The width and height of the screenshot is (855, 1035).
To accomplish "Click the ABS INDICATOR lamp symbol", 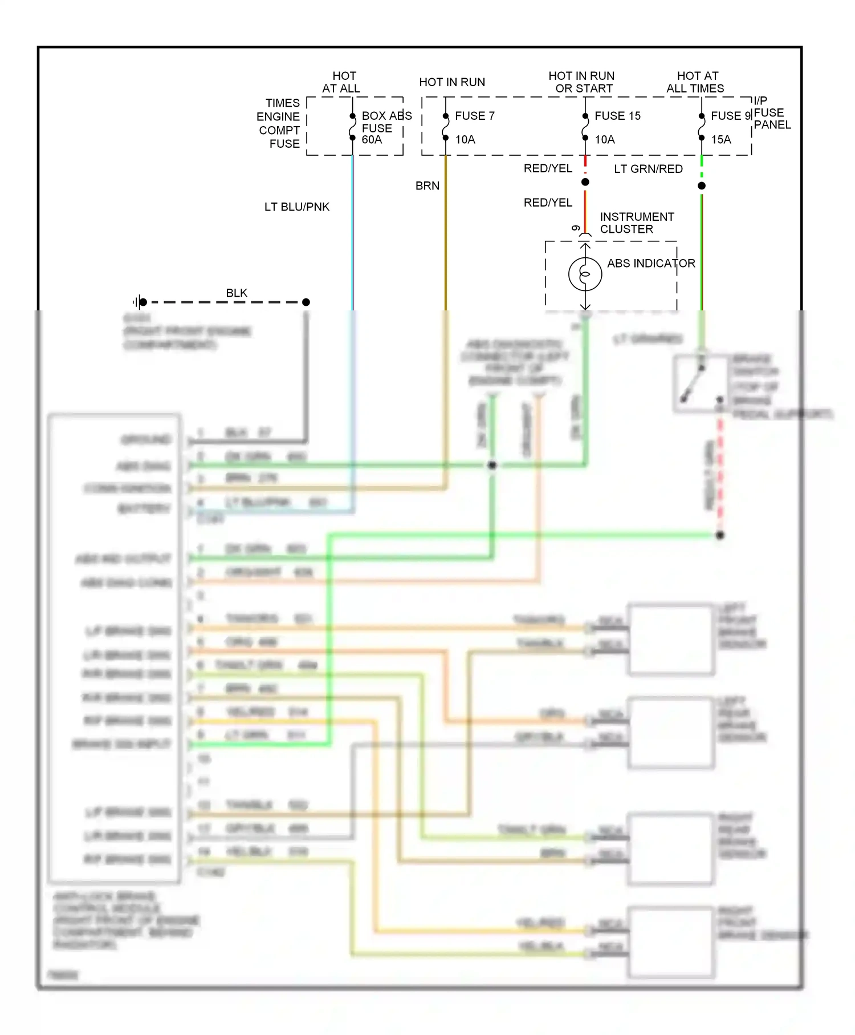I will click(585, 274).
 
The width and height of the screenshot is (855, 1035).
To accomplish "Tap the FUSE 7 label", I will click(474, 116).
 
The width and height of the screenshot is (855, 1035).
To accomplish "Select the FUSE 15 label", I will click(617, 116).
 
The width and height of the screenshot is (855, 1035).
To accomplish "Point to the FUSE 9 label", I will click(730, 116).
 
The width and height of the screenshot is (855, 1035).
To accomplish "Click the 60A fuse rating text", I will click(372, 140).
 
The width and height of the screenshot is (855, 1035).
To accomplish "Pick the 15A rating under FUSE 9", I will click(720, 140).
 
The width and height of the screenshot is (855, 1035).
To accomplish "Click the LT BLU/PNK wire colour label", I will click(296, 207).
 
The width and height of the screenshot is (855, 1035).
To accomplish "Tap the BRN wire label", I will click(427, 186).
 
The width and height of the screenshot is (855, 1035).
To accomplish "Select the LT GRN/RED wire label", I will click(648, 169).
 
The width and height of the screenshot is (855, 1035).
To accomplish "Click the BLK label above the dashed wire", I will click(237, 293).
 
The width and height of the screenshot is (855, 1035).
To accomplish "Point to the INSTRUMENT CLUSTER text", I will click(636, 223).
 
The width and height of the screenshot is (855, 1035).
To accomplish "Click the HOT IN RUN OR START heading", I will click(581, 82).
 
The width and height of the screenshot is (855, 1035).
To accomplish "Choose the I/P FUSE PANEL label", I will click(771, 113).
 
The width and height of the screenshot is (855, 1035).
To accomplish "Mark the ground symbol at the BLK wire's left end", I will click(140, 302).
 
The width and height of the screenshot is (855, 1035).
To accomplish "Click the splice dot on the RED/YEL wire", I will click(585, 182).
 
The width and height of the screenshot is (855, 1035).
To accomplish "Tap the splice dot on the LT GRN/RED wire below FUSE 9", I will click(702, 186).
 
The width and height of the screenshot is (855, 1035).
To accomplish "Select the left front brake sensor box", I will click(671, 640).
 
